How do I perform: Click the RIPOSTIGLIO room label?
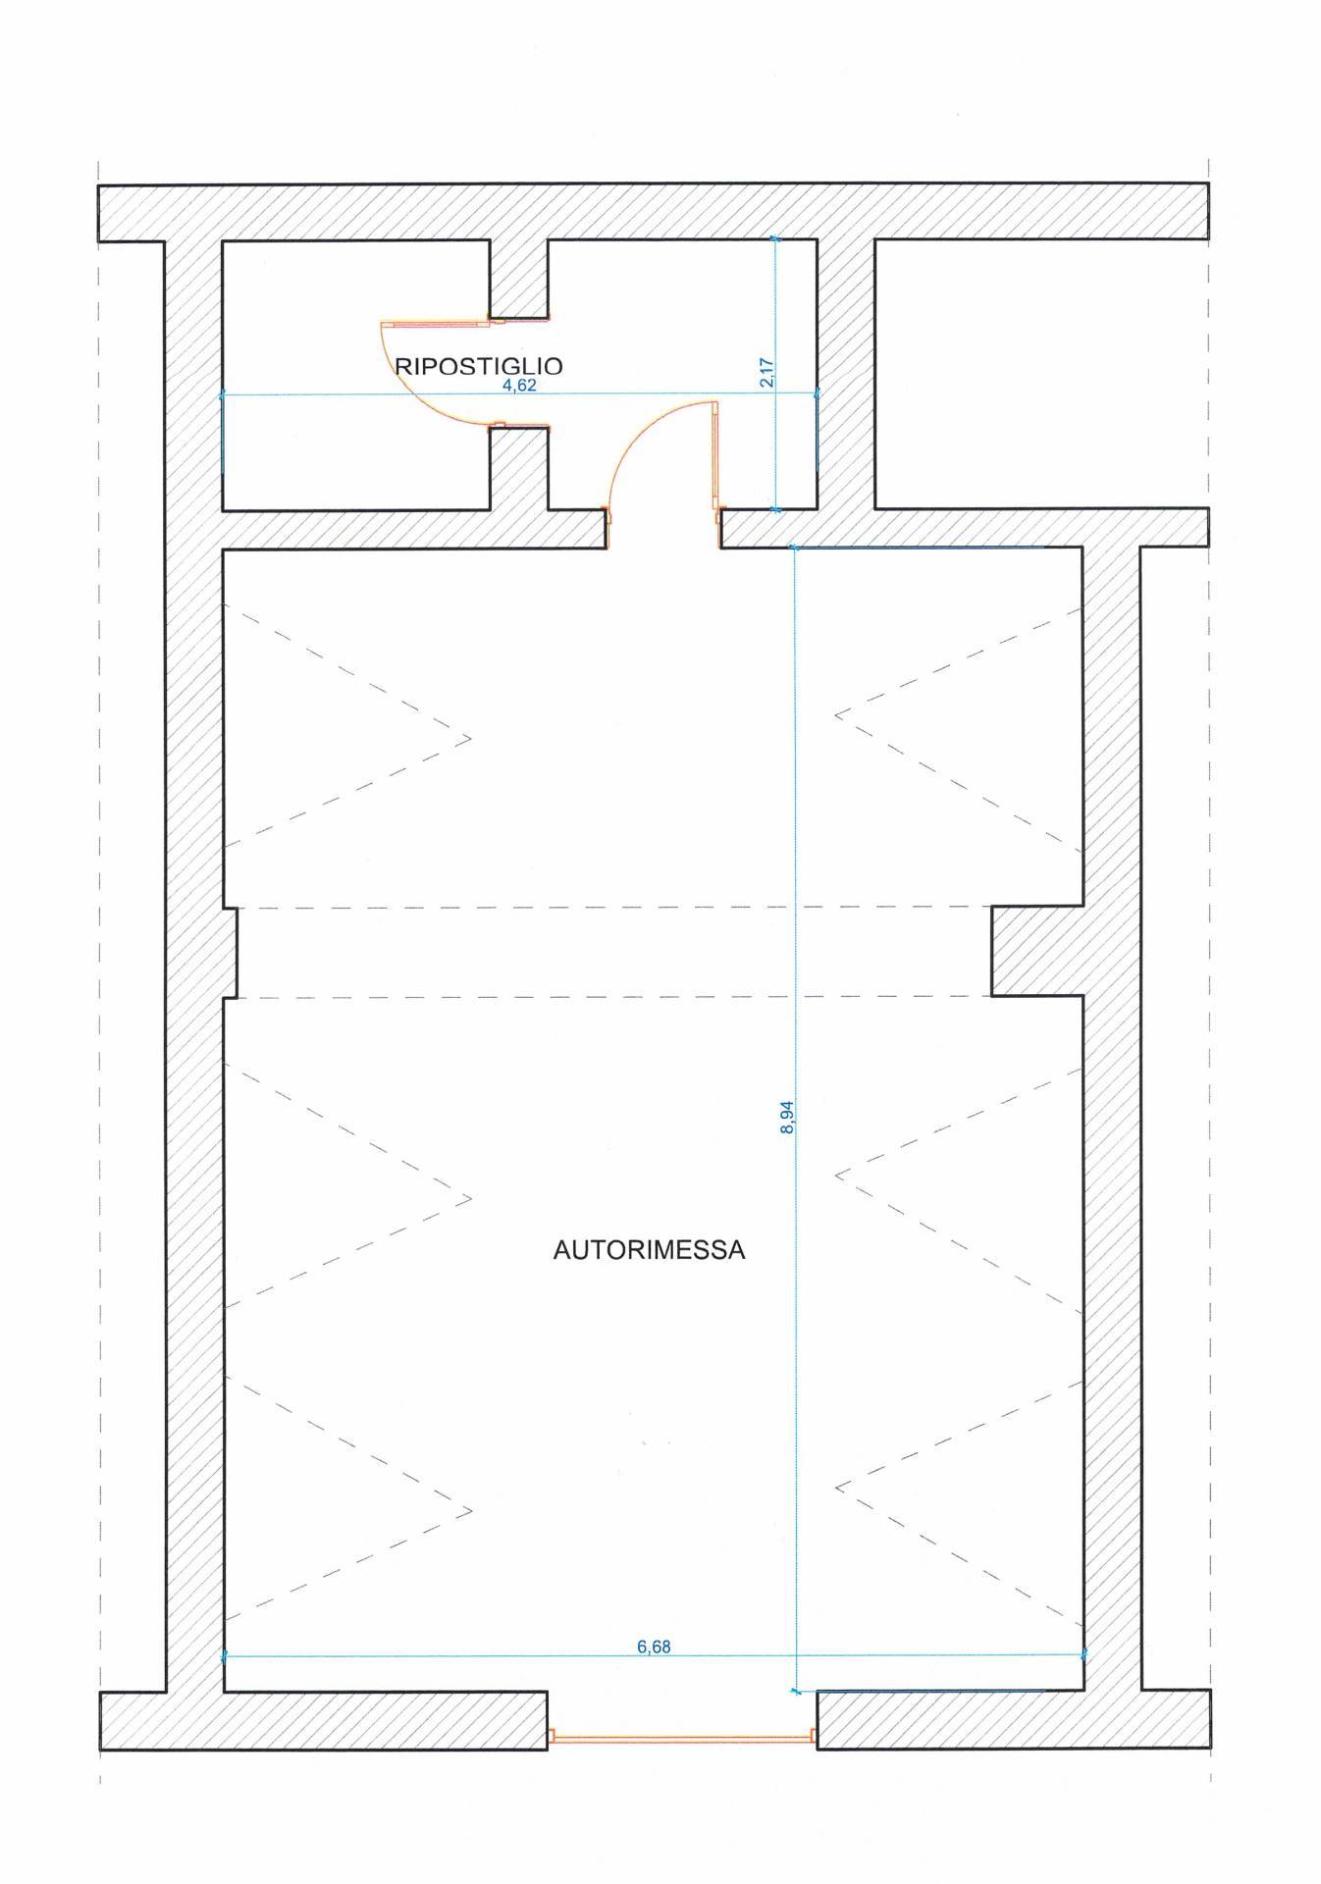click(479, 367)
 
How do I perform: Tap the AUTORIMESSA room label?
click(649, 1251)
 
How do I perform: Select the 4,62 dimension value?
click(519, 386)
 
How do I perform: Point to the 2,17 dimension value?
click(767, 374)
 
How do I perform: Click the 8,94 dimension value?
click(786, 1117)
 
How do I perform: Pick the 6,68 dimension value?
click(654, 1648)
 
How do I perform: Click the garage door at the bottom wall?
click(681, 1736)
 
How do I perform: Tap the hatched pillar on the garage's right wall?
click(1036, 951)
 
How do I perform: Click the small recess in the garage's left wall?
click(232, 952)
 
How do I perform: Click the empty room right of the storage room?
click(1040, 374)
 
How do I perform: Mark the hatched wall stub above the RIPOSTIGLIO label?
click(519, 279)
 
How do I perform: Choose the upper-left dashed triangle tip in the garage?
click(470, 738)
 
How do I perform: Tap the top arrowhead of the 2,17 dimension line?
click(775, 238)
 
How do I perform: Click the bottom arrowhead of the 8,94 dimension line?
click(795, 1690)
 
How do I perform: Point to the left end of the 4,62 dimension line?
click(224, 394)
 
